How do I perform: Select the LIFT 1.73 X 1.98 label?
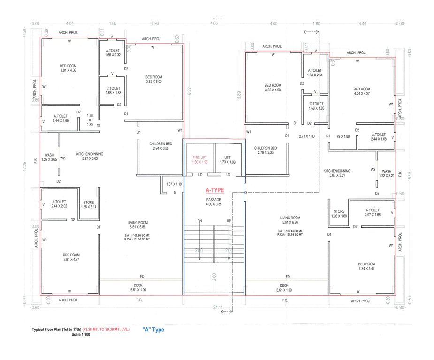(x=227, y=159)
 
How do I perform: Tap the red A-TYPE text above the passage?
(x=213, y=190)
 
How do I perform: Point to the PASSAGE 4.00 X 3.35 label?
(x=213, y=202)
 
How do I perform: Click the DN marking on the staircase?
(x=199, y=221)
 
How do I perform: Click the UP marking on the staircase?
(x=229, y=221)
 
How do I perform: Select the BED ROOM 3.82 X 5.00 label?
(x=153, y=79)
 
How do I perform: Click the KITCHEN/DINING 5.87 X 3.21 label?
(x=337, y=173)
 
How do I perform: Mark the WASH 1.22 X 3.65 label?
(x=50, y=157)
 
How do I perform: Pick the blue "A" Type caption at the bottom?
(x=153, y=330)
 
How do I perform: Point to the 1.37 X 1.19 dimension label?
(x=174, y=184)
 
